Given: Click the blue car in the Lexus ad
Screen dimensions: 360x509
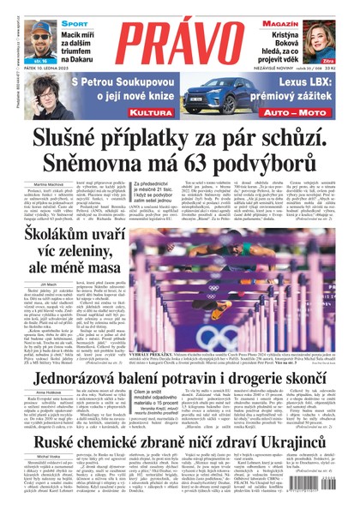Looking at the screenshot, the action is tap(218, 90).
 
